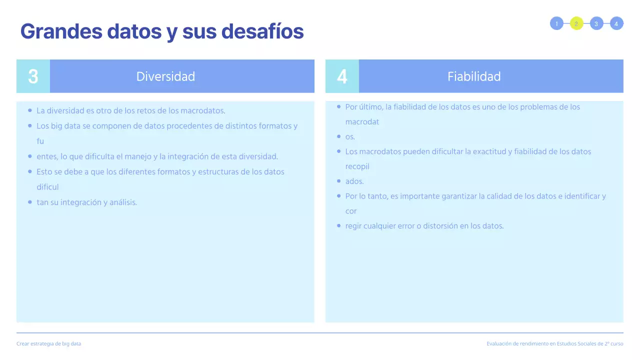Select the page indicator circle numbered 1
point(556,23)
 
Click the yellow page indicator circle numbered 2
point(576,23)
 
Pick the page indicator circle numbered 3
point(596,23)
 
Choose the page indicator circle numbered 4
point(616,23)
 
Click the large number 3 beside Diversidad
point(33,76)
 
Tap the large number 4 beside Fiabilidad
point(342,76)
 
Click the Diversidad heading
point(165,76)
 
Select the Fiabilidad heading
point(474,76)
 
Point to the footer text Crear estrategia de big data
point(48,344)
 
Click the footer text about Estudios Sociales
point(555,344)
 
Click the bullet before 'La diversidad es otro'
point(30,110)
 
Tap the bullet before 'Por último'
point(339,106)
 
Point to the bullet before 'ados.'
point(339,181)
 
